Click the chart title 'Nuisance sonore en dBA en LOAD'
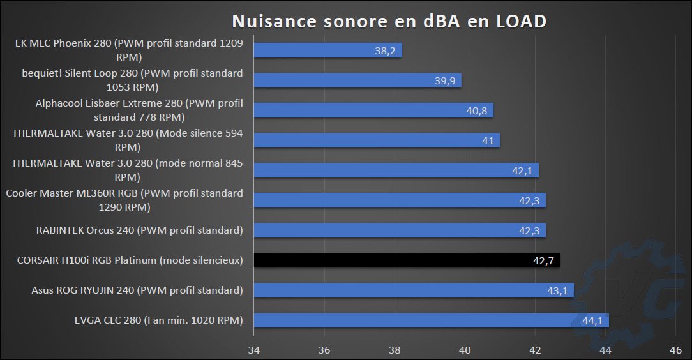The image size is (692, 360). pos(389,21)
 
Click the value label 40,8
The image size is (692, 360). pos(476,110)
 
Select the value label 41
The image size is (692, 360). pos(488,140)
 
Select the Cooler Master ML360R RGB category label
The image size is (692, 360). pos(124,200)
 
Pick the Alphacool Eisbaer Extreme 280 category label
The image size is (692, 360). pos(139,110)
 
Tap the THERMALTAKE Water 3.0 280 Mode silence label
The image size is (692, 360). pos(128,140)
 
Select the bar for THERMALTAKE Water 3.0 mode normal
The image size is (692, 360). pos(396,170)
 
